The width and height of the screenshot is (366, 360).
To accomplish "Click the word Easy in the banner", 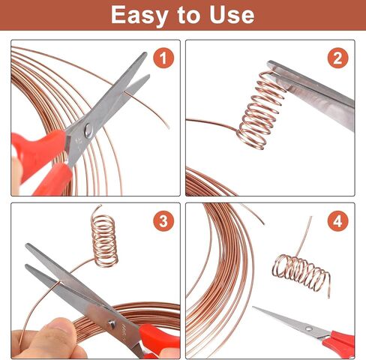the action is [139, 16].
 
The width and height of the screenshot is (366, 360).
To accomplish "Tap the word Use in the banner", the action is [232, 15].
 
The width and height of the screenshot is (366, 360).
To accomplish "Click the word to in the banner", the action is [188, 16].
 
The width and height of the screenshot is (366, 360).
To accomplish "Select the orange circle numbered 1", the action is [163, 58].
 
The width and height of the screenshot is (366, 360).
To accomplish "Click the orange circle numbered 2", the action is [337, 58].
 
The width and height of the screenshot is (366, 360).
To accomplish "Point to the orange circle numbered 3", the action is [163, 221].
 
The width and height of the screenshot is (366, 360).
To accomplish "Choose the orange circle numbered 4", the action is [337, 221].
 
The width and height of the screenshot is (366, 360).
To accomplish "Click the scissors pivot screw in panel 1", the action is [88, 130].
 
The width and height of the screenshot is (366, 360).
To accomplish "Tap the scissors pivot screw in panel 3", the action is [112, 324].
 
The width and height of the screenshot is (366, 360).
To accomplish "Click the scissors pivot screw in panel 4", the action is [309, 328].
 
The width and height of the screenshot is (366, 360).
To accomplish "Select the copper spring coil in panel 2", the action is [260, 110].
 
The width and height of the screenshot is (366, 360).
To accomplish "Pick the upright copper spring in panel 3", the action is [104, 238].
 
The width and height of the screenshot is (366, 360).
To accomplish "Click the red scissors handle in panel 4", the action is [340, 343].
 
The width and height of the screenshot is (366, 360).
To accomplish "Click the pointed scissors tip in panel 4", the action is [253, 307].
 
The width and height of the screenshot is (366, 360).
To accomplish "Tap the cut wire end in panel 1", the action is [169, 128].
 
